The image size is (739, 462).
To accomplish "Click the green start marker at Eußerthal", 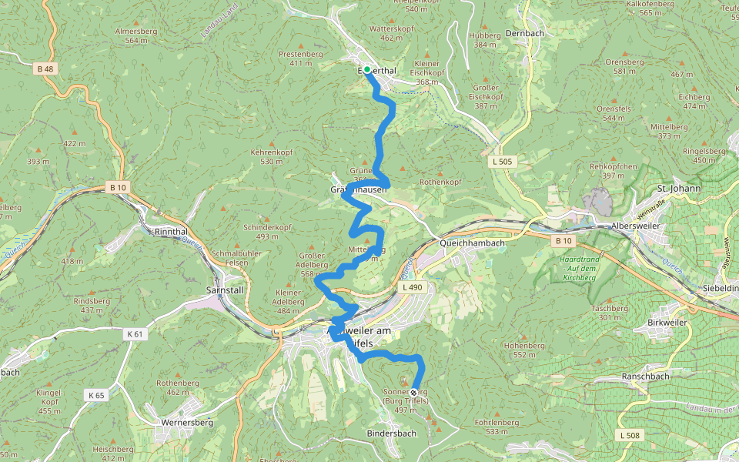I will pyautogui.click(x=367, y=70).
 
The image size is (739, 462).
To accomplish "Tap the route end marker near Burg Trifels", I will pyautogui.click(x=414, y=393).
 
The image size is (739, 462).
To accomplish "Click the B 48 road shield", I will pyautogui.click(x=45, y=69).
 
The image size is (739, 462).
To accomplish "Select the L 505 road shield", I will pyautogui.click(x=501, y=162).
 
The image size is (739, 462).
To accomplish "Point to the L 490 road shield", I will pyautogui.click(x=413, y=287).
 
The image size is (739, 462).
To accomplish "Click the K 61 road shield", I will pyautogui.click(x=135, y=334).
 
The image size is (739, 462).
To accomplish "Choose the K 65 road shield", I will pyautogui.click(x=96, y=395).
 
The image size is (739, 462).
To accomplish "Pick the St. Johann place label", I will pyautogui.click(x=678, y=188).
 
